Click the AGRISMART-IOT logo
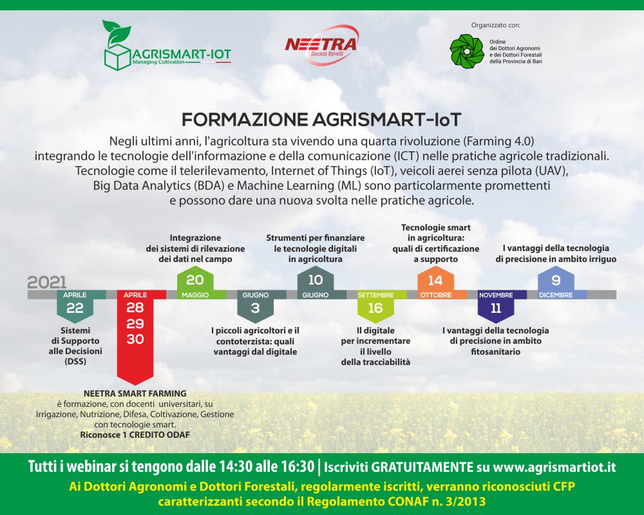pos(167,46)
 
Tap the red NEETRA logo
pos(321,45)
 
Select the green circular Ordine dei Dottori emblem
pos(466,51)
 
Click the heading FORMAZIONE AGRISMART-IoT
pos(321,120)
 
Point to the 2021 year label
pos(47,283)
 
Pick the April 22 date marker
pos(75,304)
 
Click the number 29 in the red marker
pos(135,324)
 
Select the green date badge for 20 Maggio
pos(195,283)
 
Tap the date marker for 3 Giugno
pos(256,304)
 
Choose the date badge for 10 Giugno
pos(316,283)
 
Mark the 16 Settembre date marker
pos(376,304)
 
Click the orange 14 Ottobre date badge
pos(436,283)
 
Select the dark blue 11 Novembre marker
pos(496,304)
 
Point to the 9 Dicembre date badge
pos(556,283)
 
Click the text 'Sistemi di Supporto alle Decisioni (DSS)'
pos(75,346)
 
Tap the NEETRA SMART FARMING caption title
pos(135,393)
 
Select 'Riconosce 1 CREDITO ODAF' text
pos(135,435)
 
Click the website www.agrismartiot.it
pos(554,467)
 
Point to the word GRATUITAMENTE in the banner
pos(422,467)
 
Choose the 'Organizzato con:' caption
pos(496,25)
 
